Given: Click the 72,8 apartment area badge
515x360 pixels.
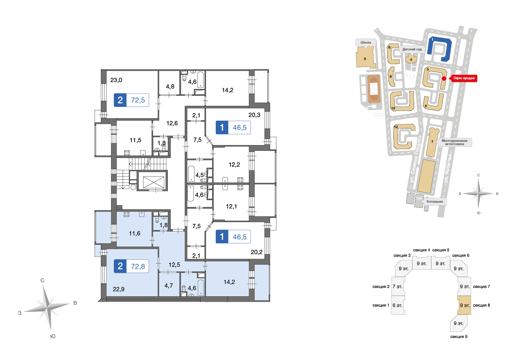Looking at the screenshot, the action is point(131,266).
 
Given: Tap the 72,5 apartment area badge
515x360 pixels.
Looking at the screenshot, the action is point(131,100).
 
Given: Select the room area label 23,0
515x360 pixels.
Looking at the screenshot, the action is point(116,80).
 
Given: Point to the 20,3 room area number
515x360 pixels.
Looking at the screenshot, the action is point(254,115).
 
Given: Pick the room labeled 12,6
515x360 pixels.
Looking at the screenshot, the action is point(172,123).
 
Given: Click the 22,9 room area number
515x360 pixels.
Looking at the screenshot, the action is point(118,289).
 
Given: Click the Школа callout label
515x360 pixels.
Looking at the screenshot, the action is point(366,42).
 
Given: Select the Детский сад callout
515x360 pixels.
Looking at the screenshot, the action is point(412,49).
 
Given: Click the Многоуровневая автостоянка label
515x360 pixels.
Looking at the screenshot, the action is point(454,142).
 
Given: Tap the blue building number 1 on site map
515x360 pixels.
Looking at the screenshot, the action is point(432,40).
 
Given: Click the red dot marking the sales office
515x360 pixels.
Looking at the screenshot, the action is point(444,78).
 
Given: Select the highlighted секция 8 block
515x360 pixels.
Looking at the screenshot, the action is point(464,305).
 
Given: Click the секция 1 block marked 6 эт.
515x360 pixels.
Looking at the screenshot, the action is point(398,305).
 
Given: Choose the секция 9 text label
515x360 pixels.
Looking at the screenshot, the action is point(459,337).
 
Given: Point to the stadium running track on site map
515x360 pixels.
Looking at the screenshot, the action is point(374,89).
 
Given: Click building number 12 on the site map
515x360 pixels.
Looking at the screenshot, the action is point(396,127).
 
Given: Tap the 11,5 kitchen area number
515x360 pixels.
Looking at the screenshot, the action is point(135,140).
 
